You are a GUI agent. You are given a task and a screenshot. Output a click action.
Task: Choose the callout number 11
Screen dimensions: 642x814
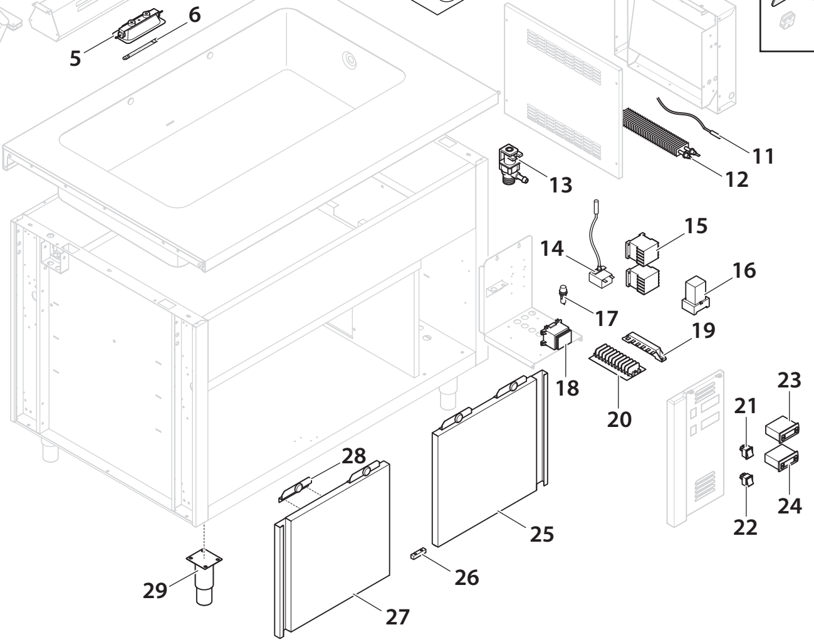pyautogui.click(x=763, y=155)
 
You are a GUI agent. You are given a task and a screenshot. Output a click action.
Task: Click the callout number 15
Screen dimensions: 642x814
pyautogui.click(x=695, y=225)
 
